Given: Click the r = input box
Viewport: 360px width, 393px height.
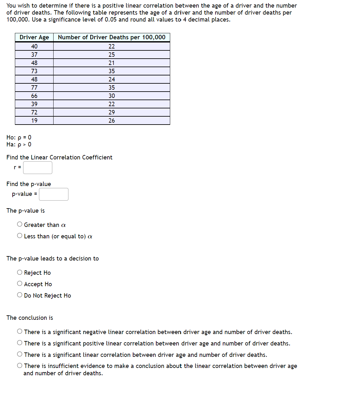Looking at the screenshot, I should pos(37,168).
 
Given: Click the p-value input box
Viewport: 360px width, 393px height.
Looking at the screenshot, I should pos(54,194).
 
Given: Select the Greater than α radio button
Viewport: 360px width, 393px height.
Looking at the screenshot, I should pos(20,224).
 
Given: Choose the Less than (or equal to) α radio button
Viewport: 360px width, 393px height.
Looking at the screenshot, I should pos(20,236).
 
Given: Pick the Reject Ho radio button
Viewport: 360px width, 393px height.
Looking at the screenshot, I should pos(20,272).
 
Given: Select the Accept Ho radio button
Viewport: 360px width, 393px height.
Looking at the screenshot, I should pos(20,284).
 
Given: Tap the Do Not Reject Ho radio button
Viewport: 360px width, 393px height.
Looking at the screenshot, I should pos(20,295).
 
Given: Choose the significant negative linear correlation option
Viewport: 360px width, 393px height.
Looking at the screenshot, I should pos(20,332).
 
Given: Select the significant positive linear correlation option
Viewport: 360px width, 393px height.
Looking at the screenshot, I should pos(20,343).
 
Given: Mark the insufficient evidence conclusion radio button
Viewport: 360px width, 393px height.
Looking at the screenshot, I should pos(20,366).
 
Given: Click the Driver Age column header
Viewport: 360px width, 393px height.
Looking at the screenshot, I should pos(34,37).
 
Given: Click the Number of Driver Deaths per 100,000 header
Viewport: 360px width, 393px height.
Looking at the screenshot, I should pos(112,37).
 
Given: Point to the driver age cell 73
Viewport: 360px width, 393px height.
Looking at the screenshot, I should pos(34,71).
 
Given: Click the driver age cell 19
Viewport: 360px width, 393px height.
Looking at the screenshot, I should pos(34,120).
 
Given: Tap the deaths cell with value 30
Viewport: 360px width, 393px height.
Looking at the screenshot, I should pos(112,96).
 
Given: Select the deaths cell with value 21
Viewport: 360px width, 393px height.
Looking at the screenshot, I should pos(112,63).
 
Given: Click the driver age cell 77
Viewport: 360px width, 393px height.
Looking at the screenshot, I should pos(34,87).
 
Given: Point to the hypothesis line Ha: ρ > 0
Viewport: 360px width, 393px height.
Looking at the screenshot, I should pos(19,145).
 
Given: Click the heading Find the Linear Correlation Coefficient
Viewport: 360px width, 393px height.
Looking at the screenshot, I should pos(59,158).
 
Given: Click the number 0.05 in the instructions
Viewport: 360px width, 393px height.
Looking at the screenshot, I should pos(111,20).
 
